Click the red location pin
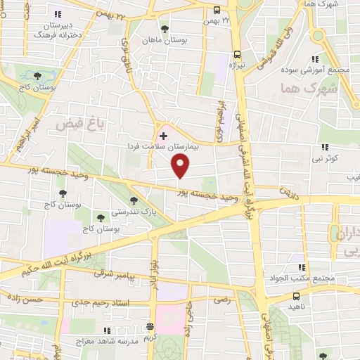point(181,165)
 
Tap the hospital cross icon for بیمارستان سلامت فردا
point(163,135)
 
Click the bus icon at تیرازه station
point(237,53)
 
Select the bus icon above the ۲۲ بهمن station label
point(216,10)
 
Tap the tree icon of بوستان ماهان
point(165,29)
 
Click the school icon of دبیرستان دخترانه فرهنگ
point(58,14)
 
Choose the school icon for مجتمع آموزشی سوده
point(316,58)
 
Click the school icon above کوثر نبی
point(325,147)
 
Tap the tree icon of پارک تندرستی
point(134,200)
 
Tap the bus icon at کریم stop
point(149,326)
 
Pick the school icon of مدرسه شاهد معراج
point(106,330)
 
